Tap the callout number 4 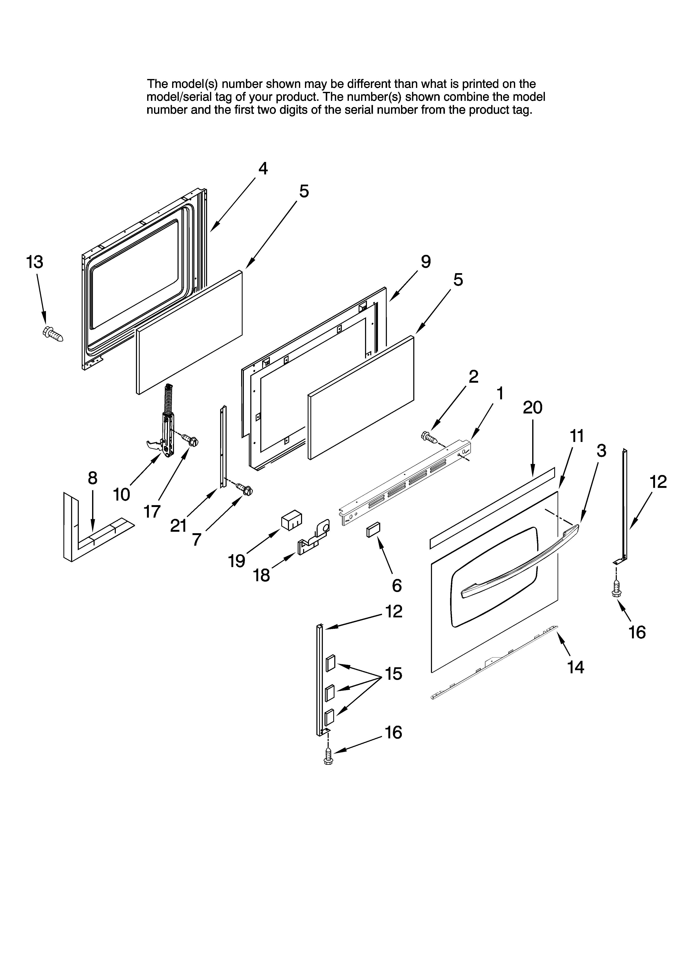click(263, 169)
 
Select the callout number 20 click(532, 408)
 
